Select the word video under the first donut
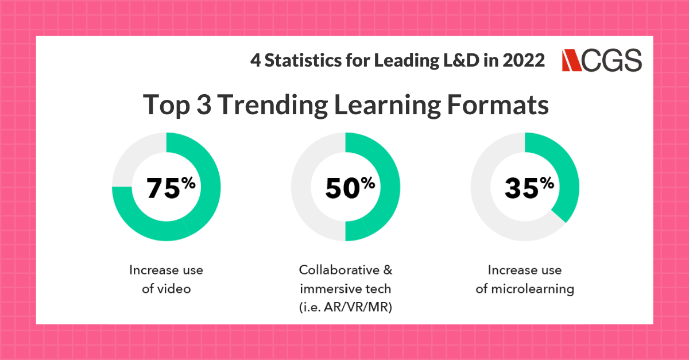[175, 289]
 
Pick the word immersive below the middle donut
[330, 289]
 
